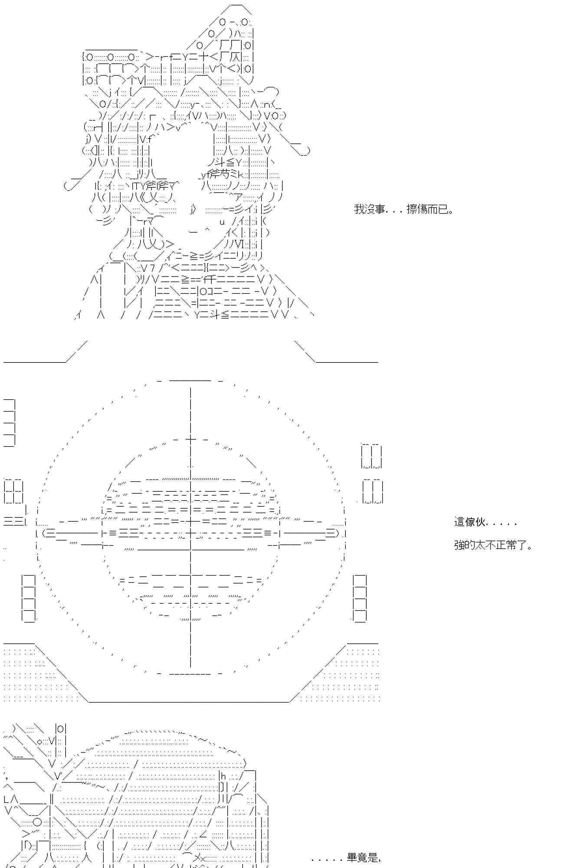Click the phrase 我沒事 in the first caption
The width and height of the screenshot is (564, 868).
(x=369, y=210)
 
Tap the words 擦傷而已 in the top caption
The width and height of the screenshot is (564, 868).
(x=430, y=210)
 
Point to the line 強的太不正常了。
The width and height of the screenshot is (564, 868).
(x=493, y=545)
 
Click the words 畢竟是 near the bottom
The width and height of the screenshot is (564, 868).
(x=364, y=858)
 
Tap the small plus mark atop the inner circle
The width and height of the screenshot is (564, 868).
(x=191, y=440)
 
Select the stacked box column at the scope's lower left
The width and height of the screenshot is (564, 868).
(x=29, y=598)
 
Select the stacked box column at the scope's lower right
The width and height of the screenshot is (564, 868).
(x=360, y=598)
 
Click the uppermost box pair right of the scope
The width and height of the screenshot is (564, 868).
(x=372, y=456)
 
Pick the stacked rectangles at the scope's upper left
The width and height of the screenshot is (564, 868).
(x=10, y=422)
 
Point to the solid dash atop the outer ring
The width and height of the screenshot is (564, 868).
(x=190, y=381)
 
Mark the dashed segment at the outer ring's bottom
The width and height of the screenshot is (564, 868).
(x=190, y=674)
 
